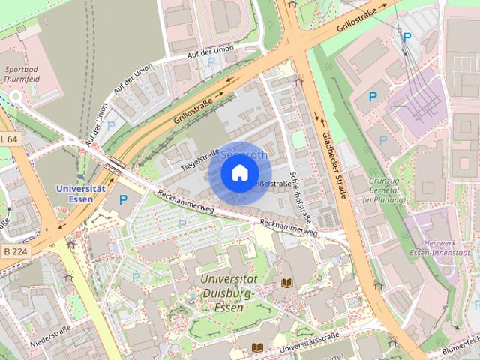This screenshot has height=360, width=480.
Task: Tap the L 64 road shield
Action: click(8, 139)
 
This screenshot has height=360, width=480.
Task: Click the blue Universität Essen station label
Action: click(79, 193)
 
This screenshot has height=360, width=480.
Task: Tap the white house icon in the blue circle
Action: click(239, 174)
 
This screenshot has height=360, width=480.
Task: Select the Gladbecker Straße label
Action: click(334, 166)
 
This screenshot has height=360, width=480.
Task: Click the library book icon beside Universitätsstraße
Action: click(257, 347)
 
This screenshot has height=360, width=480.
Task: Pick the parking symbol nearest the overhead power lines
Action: click(407, 37)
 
